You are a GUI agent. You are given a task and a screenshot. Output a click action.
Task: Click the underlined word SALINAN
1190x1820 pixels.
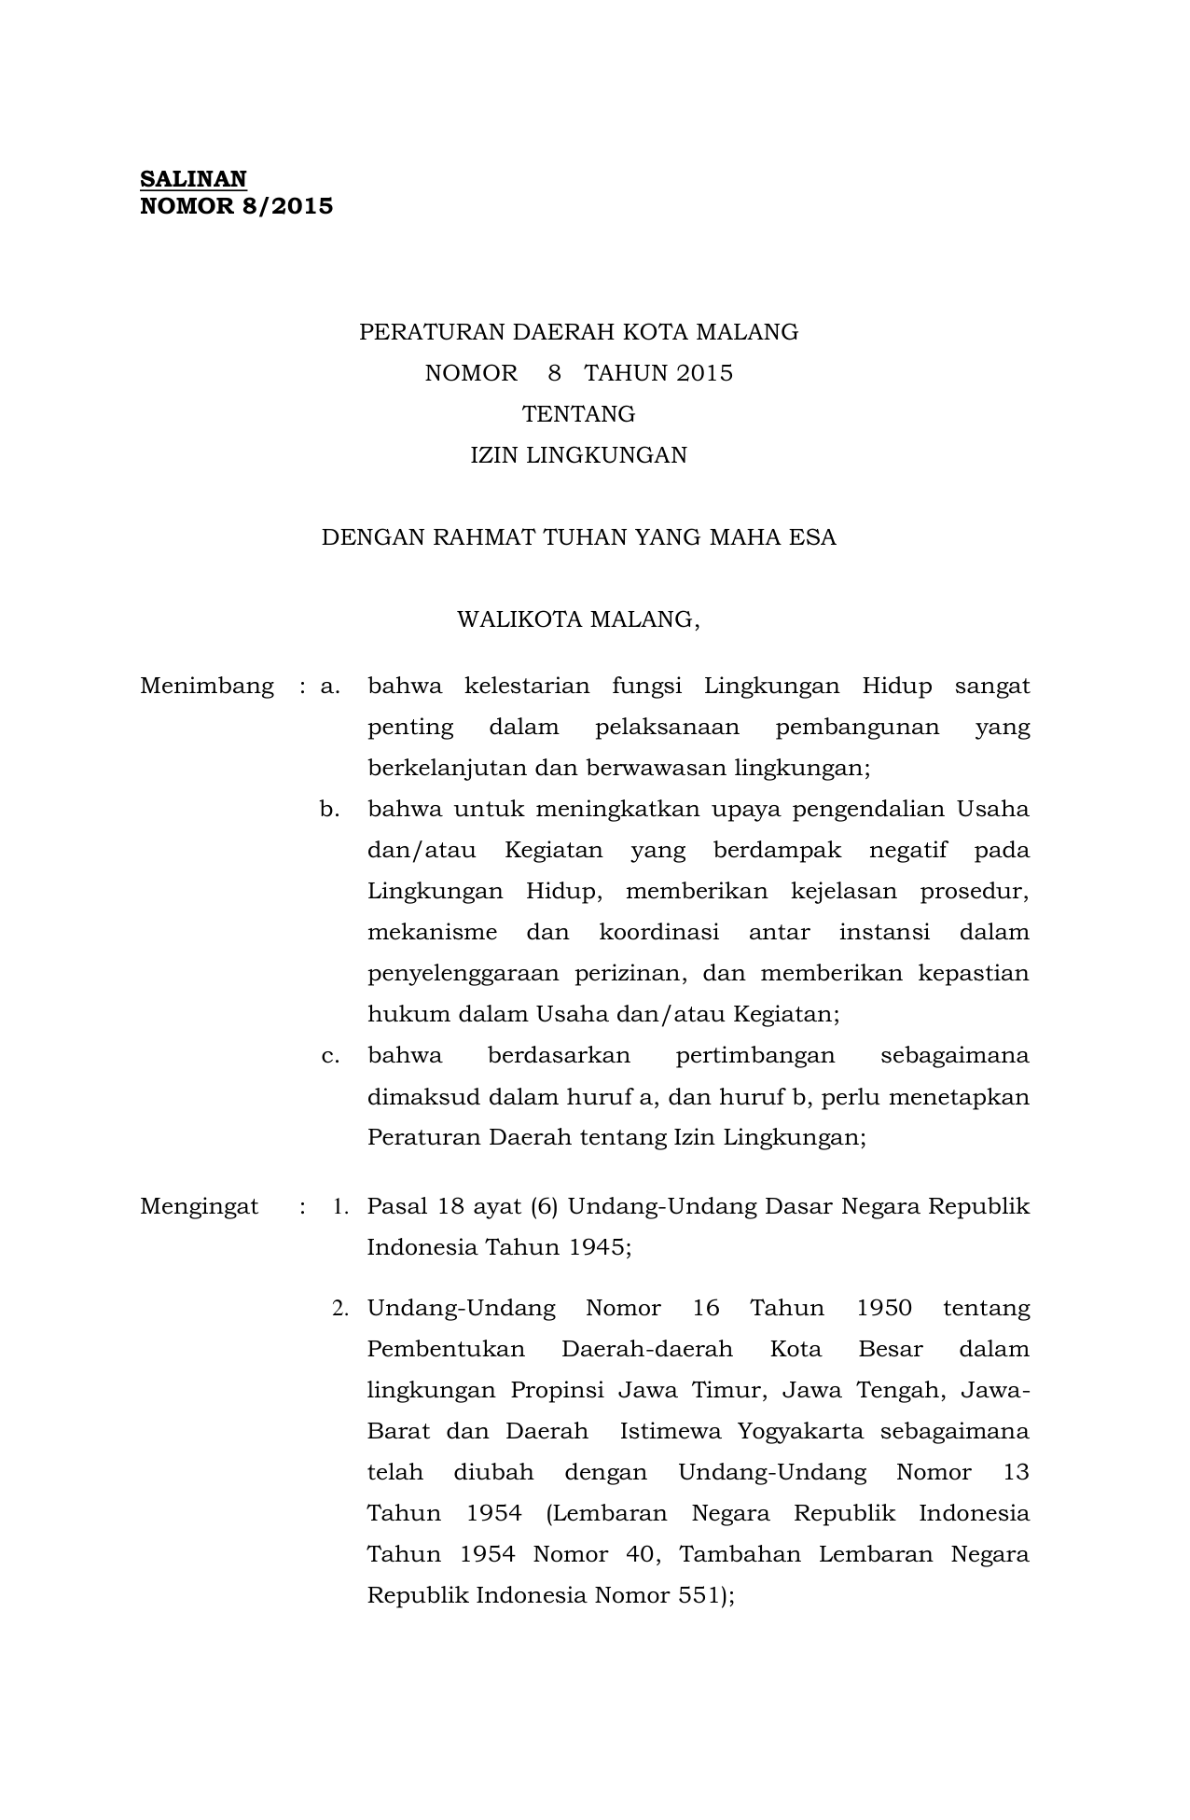tap(193, 178)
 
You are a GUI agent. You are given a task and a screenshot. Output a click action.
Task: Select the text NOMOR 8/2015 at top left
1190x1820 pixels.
tap(236, 206)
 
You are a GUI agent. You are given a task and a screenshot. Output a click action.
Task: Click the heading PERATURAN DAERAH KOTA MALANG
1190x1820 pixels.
tap(578, 332)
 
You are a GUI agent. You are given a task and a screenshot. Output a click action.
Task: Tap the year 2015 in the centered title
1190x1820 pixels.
tap(705, 373)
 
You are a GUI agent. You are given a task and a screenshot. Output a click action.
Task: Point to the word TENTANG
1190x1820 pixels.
tap(578, 414)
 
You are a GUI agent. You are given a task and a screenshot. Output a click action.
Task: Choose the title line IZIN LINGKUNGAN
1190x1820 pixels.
tap(578, 455)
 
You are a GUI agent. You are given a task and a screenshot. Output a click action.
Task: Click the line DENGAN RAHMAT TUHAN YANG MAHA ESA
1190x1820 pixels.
tap(578, 537)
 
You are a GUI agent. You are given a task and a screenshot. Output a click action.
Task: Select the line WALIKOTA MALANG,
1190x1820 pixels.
tap(578, 619)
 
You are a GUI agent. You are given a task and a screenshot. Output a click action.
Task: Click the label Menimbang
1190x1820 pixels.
tap(207, 687)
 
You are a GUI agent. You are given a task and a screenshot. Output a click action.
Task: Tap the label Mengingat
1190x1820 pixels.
tap(200, 1206)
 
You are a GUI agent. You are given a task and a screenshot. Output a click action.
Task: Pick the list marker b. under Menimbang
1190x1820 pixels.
tap(329, 809)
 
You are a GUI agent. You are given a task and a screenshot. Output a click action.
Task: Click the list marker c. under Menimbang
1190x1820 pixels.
tap(329, 1056)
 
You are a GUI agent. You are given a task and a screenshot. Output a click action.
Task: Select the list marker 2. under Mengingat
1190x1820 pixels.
tap(340, 1309)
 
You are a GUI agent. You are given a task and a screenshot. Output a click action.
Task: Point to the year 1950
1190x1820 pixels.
tap(883, 1308)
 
